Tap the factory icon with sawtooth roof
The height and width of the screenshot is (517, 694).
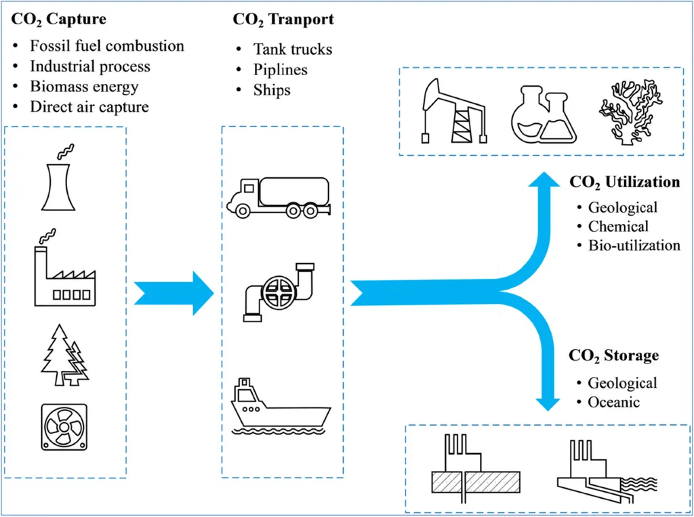(64, 274)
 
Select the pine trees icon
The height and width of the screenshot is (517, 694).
(64, 356)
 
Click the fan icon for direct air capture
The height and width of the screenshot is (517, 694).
(64, 427)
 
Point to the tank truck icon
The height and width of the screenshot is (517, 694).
(279, 198)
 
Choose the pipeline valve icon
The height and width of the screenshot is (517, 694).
(279, 292)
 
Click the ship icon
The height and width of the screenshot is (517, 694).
(281, 407)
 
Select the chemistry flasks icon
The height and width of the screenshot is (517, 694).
(544, 114)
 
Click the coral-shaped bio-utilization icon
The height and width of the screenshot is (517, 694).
(630, 112)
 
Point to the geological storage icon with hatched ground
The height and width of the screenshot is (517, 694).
(476, 468)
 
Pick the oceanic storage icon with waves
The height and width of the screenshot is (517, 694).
(607, 471)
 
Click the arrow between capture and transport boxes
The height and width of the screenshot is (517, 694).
(174, 294)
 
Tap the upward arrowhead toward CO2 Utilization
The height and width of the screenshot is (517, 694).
(544, 179)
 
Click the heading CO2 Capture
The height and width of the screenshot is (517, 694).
(58, 20)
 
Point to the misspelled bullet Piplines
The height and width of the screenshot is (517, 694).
(280, 70)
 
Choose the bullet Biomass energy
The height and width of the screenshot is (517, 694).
(84, 87)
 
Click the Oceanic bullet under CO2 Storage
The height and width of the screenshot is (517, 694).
(613, 402)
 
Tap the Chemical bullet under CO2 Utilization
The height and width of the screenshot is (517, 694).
(618, 226)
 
